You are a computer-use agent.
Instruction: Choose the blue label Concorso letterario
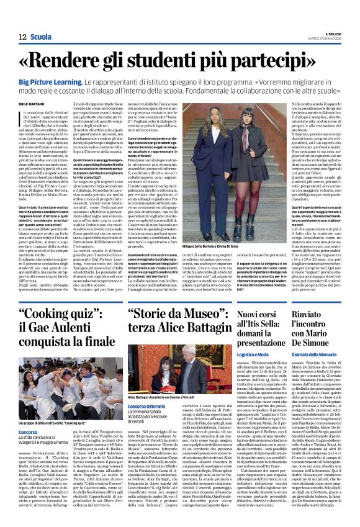click(x=150, y=406)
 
